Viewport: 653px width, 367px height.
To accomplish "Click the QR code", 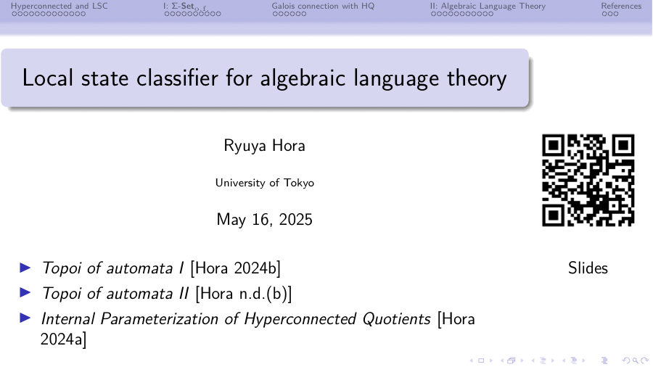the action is click(x=588, y=180).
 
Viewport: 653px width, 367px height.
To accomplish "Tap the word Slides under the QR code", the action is click(x=588, y=268).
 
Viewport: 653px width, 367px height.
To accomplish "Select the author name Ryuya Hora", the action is click(x=264, y=146).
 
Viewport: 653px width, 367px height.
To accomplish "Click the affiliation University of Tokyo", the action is click(x=264, y=183).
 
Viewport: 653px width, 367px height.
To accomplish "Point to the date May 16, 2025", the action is click(x=264, y=220).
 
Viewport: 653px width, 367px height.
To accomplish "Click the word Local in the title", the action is click(x=47, y=78).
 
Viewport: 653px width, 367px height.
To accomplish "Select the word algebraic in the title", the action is click(x=303, y=78).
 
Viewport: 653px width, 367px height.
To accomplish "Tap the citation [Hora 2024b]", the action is click(x=235, y=268).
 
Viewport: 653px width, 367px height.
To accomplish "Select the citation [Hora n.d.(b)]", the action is click(x=244, y=294).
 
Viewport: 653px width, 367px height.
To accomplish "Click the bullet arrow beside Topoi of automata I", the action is click(x=25, y=268).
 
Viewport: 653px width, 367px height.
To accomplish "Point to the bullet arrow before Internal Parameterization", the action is click(x=25, y=318).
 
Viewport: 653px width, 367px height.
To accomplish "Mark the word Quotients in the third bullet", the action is click(x=396, y=319).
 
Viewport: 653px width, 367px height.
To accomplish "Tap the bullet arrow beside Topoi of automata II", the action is click(x=25, y=293).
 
